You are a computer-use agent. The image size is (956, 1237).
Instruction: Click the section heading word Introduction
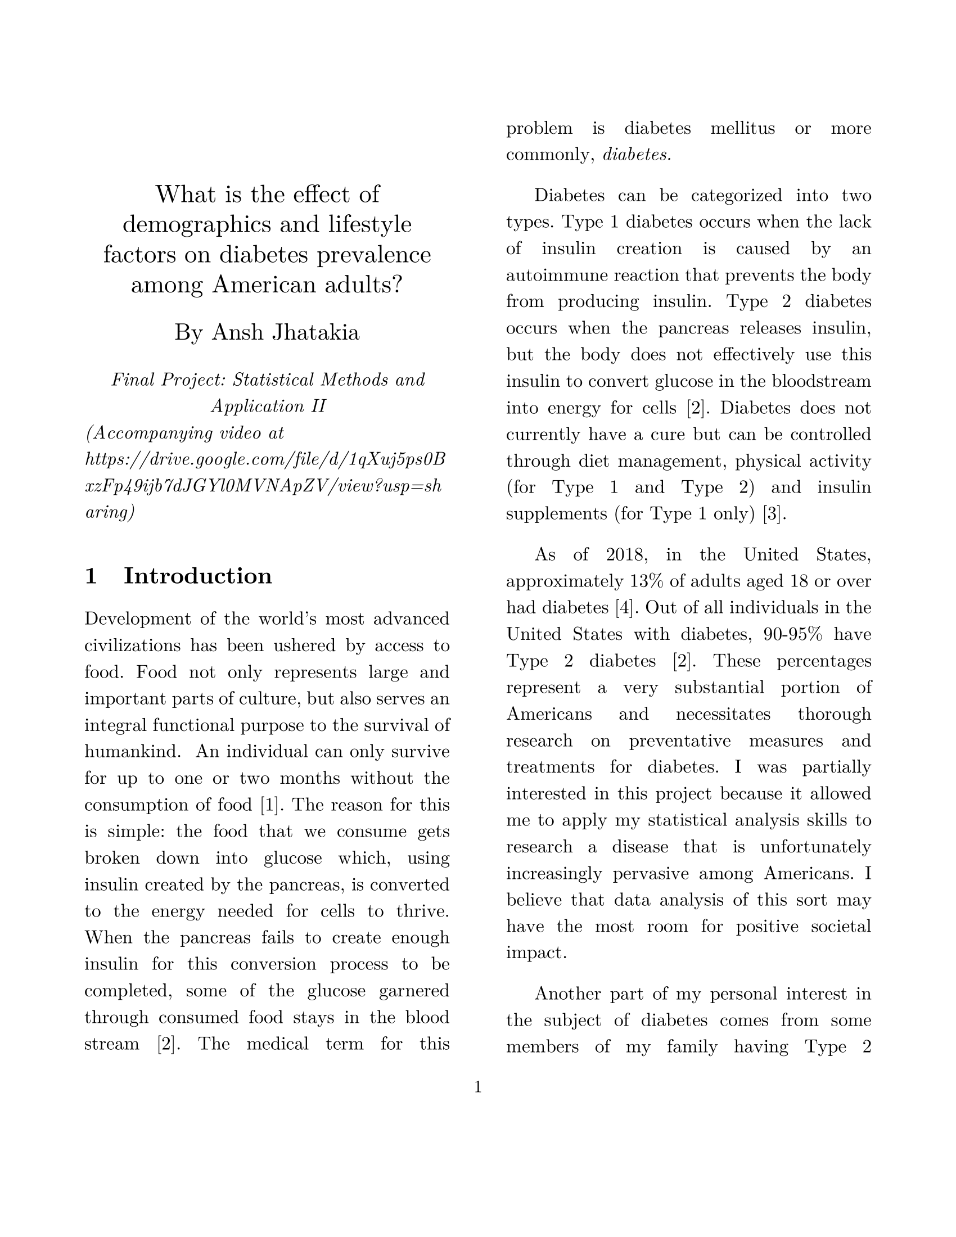tap(197, 576)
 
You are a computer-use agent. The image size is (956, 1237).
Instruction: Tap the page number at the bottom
tap(477, 1087)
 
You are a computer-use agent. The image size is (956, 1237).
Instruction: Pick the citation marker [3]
tap(774, 514)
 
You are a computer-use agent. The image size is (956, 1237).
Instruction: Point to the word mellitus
tap(742, 129)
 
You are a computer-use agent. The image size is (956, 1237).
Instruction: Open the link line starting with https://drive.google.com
tap(265, 460)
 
